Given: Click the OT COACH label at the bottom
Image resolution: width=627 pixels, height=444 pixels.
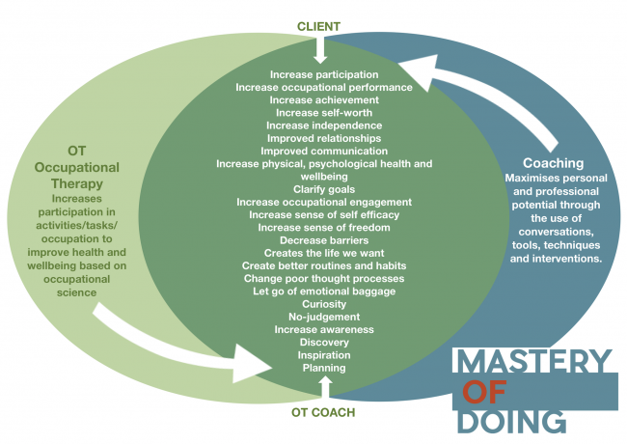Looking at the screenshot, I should pos(324,412).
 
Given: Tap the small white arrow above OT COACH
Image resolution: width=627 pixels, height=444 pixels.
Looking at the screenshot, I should pos(324,387).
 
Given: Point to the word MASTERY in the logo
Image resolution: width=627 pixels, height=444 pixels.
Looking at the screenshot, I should pos(533,362).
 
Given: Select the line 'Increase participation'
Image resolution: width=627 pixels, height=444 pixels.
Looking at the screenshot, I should pos(324,73).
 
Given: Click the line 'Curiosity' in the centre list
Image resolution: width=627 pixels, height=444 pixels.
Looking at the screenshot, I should pos(324,304).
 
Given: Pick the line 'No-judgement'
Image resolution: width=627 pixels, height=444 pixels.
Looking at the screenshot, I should pos(324,317).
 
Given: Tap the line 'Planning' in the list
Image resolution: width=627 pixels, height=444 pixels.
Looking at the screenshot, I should pos(324,368).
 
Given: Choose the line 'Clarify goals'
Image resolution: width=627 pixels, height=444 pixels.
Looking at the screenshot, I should pos(324,189).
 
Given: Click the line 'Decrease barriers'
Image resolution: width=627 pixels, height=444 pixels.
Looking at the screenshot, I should pos(324,239).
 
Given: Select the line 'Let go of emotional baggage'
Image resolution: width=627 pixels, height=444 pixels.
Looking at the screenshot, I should pos(324,291).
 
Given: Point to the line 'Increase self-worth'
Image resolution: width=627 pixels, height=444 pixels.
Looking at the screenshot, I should pos(324,112).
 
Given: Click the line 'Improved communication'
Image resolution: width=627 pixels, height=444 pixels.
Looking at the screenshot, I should pos(324,151).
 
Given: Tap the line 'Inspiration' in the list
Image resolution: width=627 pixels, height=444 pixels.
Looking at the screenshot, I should pos(324,355).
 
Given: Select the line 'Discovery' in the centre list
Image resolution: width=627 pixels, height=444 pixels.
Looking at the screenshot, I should pos(324,342).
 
